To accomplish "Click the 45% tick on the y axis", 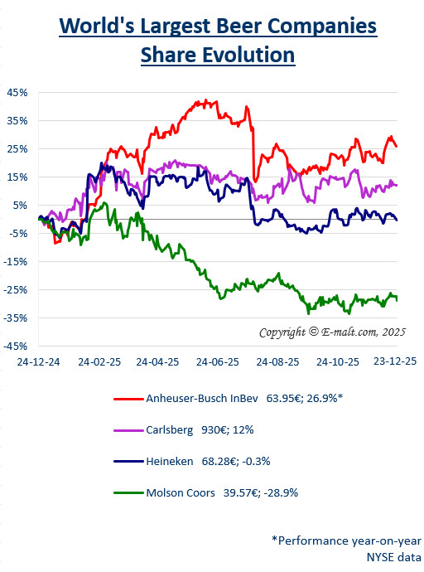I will coord(17,92).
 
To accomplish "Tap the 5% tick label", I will coord(20,205).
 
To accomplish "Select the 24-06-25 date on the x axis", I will coord(218,362).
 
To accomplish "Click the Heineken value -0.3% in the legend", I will coord(256,462).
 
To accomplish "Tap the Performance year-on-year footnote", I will coord(346,540).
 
